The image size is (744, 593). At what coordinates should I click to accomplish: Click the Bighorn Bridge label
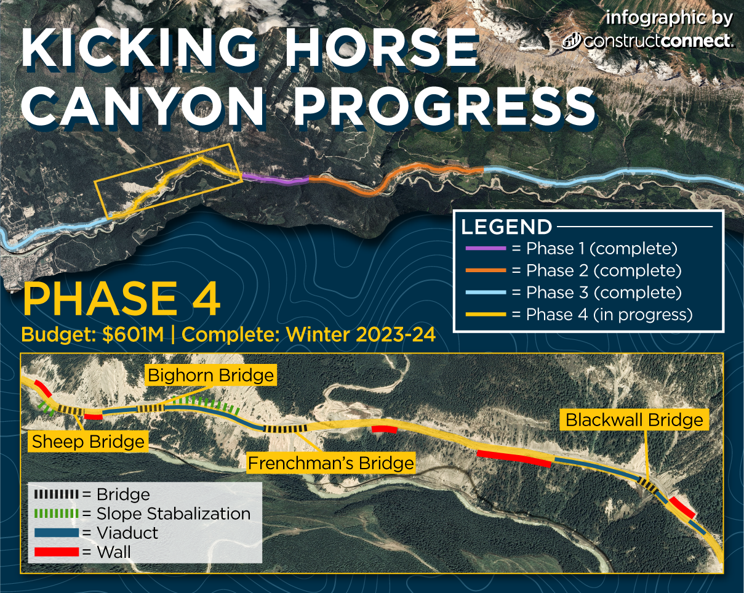point(210,376)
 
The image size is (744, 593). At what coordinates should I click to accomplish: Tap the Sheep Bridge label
point(88,442)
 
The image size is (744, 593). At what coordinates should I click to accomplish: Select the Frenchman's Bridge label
point(331,463)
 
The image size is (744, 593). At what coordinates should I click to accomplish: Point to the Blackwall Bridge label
point(634,420)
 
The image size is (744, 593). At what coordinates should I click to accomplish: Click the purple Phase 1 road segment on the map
point(275,180)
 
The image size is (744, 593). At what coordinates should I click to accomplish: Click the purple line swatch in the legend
point(486,248)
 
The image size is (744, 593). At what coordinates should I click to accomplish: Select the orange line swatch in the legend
point(486,270)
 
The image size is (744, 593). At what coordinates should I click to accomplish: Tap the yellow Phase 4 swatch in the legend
point(486,314)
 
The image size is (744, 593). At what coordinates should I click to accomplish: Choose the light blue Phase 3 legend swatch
point(486,292)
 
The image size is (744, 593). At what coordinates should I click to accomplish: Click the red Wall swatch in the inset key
point(57,552)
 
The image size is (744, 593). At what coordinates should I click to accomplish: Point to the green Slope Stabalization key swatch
point(57,514)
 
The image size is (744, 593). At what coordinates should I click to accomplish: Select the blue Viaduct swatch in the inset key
point(57,533)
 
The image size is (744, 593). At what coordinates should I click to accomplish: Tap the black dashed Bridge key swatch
point(57,494)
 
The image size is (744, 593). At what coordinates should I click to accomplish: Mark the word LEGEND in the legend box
point(506,227)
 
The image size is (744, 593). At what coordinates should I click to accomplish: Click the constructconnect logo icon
point(572,41)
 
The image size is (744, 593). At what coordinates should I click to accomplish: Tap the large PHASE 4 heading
point(121,297)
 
